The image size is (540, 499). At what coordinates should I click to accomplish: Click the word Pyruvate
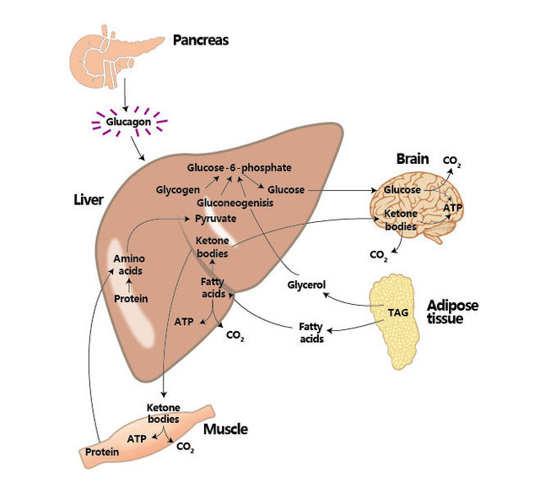pyautogui.click(x=215, y=218)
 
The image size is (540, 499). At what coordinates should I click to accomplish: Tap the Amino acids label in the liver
pyautogui.click(x=130, y=265)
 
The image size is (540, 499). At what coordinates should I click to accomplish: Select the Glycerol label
pyautogui.click(x=306, y=285)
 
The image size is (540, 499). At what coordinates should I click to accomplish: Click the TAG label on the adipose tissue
pyautogui.click(x=398, y=312)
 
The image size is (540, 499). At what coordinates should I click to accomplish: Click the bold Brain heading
pyautogui.click(x=414, y=160)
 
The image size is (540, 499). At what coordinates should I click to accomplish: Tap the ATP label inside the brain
pyautogui.click(x=453, y=207)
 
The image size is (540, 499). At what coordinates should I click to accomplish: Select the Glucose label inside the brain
pyautogui.click(x=402, y=190)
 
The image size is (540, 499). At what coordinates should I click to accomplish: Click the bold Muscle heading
pyautogui.click(x=225, y=429)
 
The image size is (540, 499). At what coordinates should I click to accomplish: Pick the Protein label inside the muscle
pyautogui.click(x=102, y=453)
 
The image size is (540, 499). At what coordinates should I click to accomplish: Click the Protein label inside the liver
pyautogui.click(x=131, y=298)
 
